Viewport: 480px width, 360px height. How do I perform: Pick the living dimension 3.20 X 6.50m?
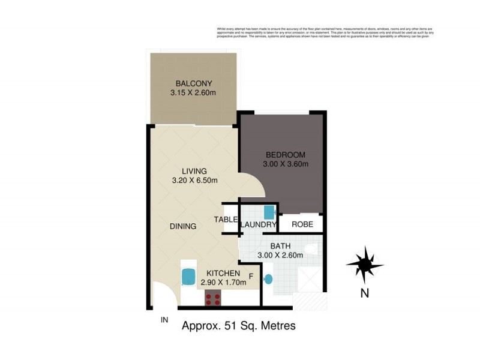click(194, 181)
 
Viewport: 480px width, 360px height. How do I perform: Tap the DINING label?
click(183, 226)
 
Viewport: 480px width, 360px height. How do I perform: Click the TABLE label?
click(226, 220)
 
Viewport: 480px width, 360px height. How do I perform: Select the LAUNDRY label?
click(258, 225)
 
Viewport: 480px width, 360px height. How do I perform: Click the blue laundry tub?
click(269, 212)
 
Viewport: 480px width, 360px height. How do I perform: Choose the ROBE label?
click(301, 224)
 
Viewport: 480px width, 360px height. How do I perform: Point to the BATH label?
click(280, 245)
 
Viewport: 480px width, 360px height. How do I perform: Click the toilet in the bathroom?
click(310, 249)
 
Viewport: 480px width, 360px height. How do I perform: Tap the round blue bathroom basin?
click(268, 279)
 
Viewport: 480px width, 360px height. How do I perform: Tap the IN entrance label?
click(164, 320)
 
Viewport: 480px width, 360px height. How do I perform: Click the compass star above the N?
click(364, 264)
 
